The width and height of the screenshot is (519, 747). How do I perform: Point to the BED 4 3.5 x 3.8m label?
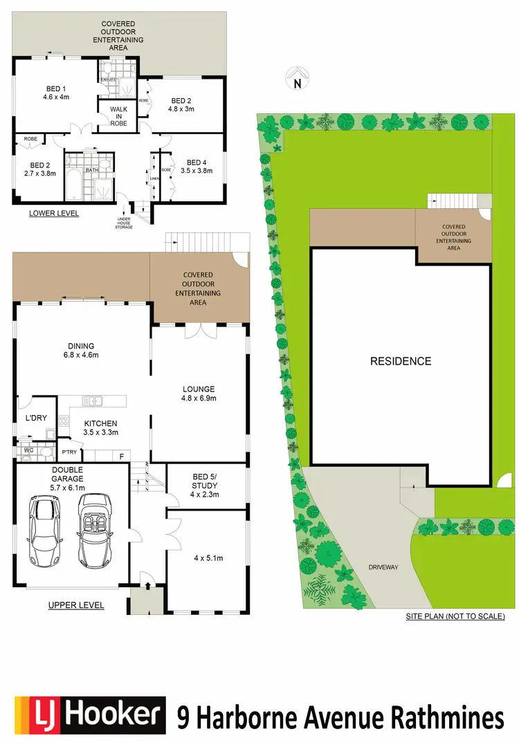tap(197, 168)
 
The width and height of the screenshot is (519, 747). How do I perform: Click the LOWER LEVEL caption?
tap(54, 214)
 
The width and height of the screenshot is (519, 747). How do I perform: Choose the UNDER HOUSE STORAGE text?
tap(125, 223)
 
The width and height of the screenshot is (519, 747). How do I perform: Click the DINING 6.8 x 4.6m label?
tap(81, 351)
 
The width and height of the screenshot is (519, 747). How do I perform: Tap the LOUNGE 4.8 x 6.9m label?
tap(198, 394)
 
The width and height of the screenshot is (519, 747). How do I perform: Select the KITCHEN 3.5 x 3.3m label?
tap(101, 427)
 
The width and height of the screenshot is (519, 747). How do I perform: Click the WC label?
tap(28, 451)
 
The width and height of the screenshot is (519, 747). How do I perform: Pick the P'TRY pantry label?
tap(69, 452)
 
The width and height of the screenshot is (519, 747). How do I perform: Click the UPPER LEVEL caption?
tap(76, 605)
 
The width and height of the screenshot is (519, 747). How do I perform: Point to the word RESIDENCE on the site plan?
tap(400, 361)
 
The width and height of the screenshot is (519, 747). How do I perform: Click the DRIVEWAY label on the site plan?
tap(383, 567)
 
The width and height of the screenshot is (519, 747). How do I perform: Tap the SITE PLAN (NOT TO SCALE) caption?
tap(455, 616)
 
